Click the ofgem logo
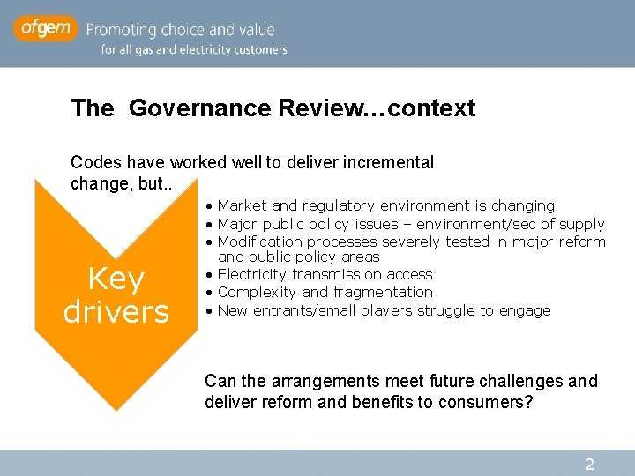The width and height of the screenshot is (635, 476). [45, 29]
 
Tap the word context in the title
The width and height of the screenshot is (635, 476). [432, 108]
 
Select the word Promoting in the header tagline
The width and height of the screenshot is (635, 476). [127, 30]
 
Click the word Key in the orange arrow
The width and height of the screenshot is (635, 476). [116, 279]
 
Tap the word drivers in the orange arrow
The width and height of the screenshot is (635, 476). [116, 311]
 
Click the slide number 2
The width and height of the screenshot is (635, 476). [590, 464]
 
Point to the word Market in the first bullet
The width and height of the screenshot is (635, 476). [242, 205]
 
